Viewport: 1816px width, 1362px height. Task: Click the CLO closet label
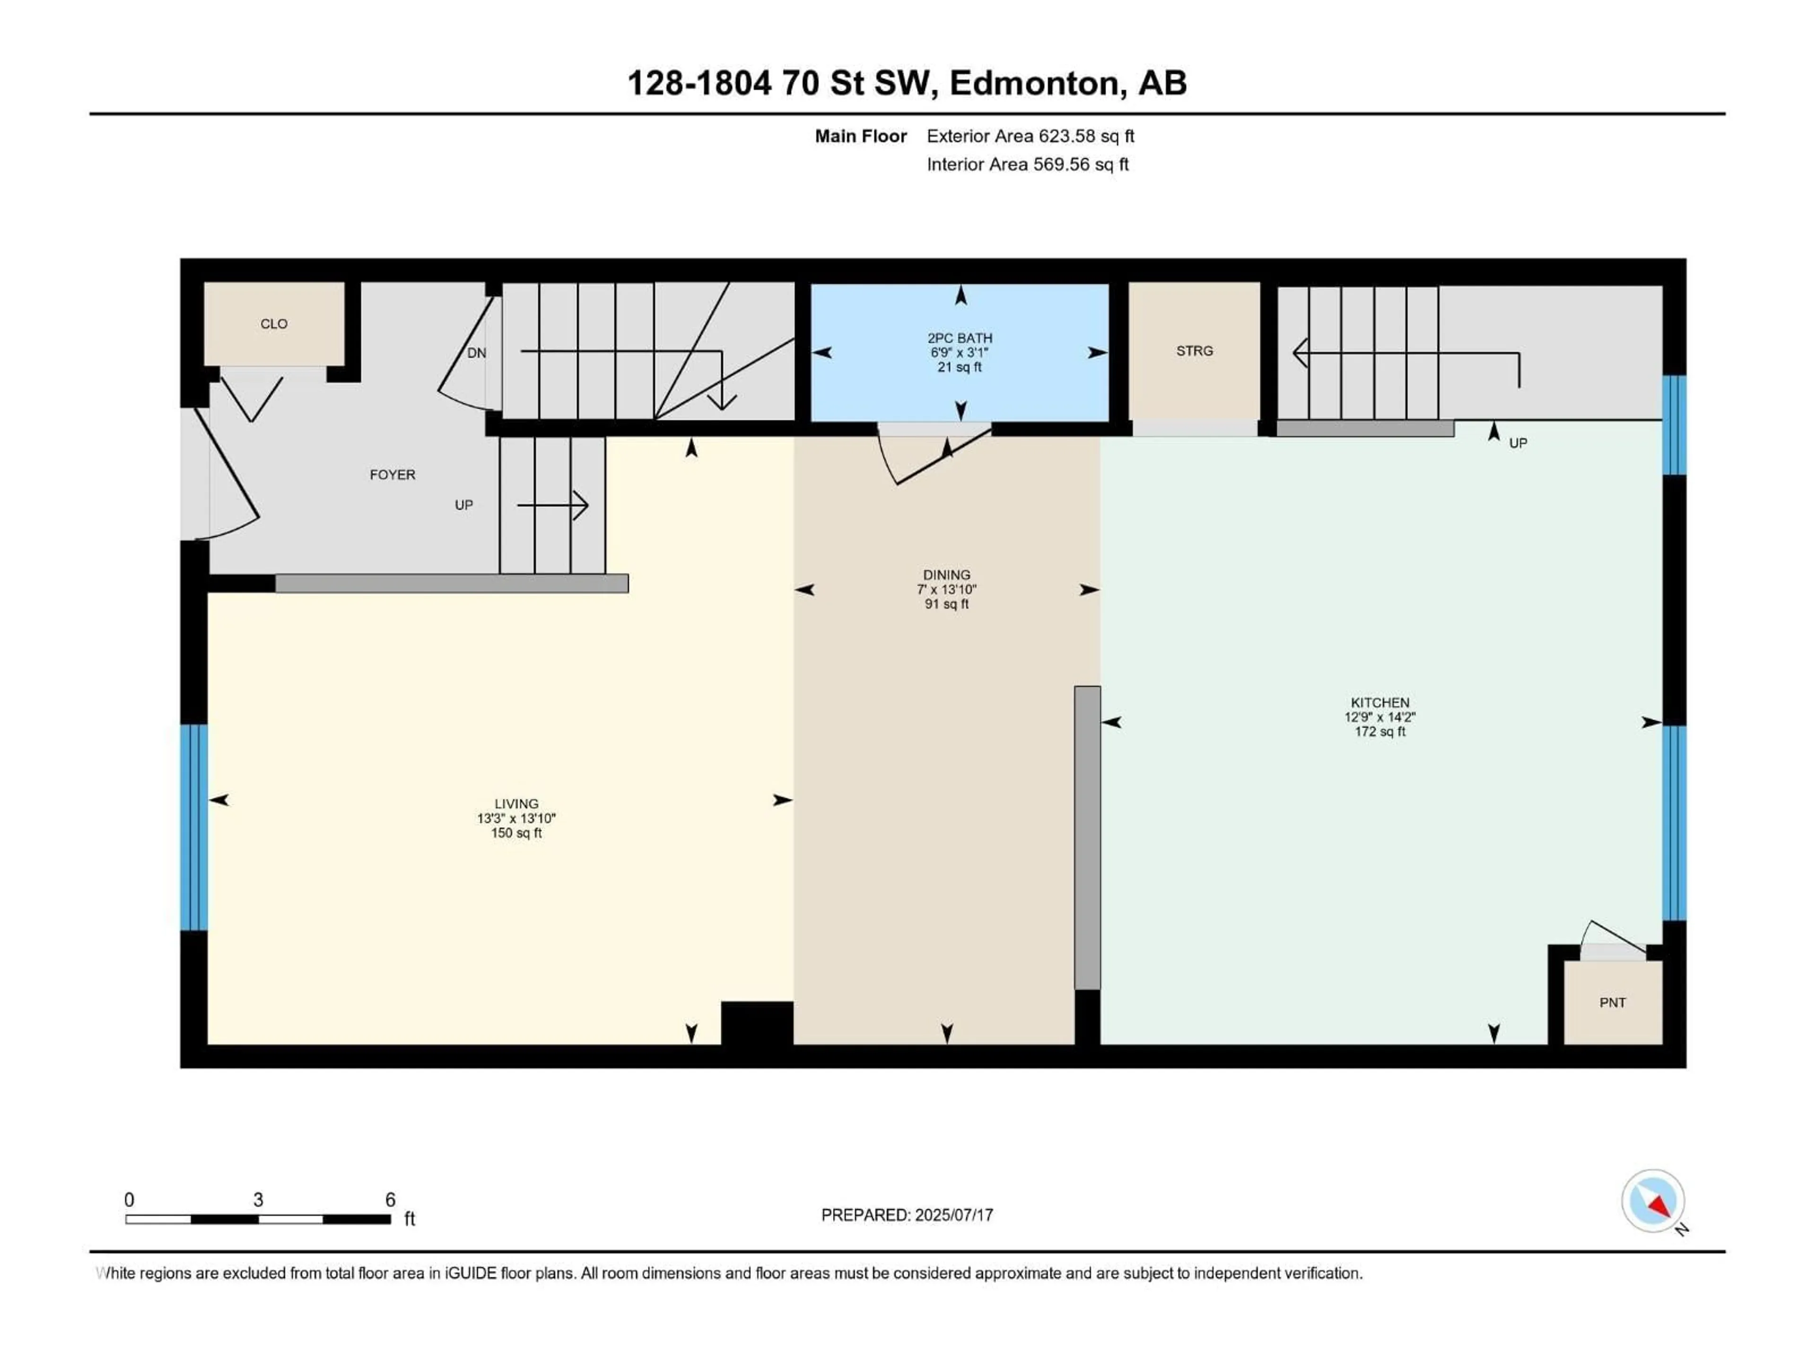273,323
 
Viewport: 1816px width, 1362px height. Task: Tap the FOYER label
393,474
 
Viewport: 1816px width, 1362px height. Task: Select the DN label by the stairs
476,353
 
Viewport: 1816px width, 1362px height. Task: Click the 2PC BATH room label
959,337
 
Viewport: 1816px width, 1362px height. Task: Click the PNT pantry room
1612,1003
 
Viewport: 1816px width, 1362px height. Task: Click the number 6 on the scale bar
391,1199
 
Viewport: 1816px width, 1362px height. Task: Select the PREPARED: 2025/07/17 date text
907,1215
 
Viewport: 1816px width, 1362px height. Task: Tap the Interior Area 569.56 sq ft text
1027,164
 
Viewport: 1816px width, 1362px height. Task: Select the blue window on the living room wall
194,828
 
